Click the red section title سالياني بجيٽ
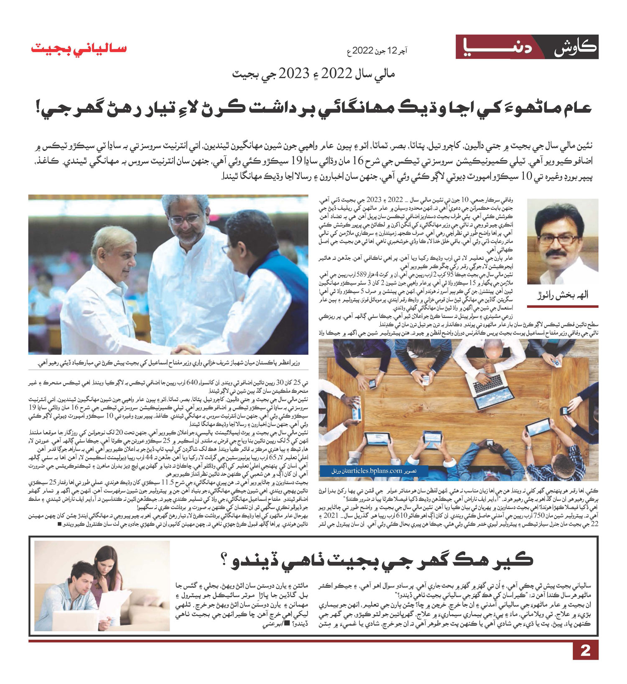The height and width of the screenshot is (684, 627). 79,48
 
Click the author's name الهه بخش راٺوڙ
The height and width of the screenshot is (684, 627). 562,295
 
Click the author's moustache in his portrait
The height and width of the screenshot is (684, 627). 560,253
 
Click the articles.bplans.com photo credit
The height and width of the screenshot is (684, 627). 375,471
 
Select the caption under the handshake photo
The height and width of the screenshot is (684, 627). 169,363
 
